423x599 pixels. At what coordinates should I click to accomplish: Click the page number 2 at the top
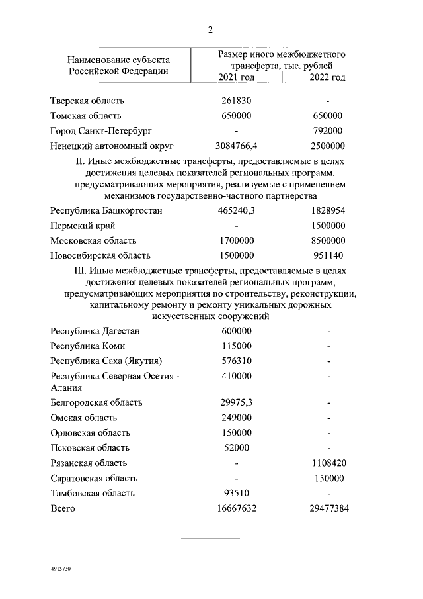[211, 30]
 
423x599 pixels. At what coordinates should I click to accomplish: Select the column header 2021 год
[236, 78]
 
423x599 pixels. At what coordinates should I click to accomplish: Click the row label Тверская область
[87, 101]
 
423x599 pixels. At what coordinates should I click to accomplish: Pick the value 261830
[236, 101]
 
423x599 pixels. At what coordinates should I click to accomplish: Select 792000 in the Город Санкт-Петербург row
[328, 130]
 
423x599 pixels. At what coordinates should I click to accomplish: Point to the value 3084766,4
[236, 146]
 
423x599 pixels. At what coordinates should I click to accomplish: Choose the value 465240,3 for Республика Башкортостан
[236, 211]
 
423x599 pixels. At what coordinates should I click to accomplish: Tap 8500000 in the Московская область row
[328, 240]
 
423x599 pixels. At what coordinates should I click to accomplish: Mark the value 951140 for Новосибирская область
[328, 255]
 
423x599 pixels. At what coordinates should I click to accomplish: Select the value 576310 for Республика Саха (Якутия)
[236, 361]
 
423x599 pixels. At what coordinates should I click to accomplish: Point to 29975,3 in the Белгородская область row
[236, 402]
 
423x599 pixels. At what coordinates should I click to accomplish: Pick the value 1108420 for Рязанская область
[328, 463]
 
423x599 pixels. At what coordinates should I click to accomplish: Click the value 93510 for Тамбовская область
[236, 492]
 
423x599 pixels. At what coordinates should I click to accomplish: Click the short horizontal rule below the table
[211, 538]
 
